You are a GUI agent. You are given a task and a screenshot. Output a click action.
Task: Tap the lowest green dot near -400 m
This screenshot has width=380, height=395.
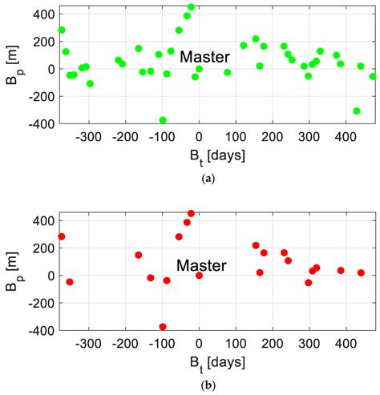(x=163, y=120)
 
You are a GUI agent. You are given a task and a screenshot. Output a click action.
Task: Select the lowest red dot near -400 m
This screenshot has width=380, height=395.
(x=163, y=327)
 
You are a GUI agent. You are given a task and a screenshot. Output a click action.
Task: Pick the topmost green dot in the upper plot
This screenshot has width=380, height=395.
(x=191, y=6)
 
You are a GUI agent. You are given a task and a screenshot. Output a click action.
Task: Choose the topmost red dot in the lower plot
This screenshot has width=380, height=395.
(x=191, y=214)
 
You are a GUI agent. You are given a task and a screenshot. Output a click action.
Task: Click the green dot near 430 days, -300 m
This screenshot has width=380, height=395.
(x=357, y=111)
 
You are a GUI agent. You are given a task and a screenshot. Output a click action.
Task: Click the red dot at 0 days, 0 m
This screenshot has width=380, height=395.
(x=199, y=276)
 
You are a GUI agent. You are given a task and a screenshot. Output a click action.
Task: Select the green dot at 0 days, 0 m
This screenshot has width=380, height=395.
(x=199, y=69)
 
